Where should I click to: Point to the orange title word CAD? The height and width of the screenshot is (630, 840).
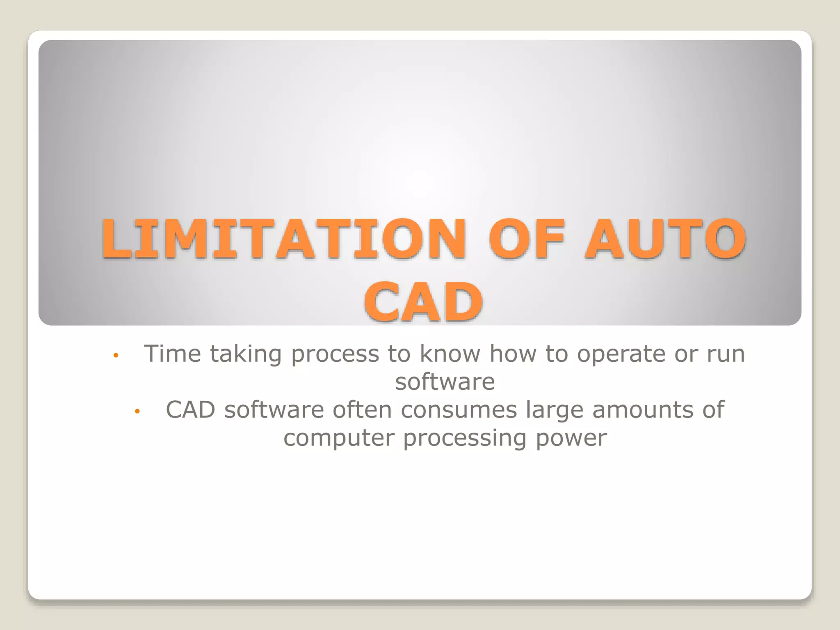(423, 302)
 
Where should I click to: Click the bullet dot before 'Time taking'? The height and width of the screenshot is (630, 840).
(116, 355)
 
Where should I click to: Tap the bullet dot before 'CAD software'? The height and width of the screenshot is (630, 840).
(137, 411)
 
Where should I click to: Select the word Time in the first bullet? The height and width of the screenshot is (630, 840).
(172, 354)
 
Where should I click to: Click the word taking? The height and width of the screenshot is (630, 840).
(246, 354)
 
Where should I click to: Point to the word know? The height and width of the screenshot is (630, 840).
(450, 354)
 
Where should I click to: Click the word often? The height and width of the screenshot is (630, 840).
(362, 409)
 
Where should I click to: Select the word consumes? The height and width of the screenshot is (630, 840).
(459, 410)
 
